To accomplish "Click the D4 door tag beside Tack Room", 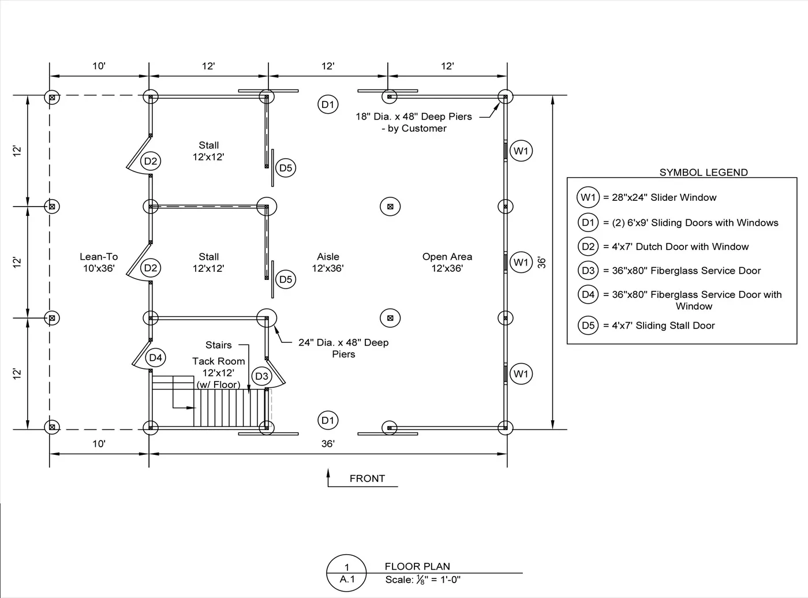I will tap(156, 357).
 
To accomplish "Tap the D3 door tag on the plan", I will tap(262, 376).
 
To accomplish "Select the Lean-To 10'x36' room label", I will tap(99, 262).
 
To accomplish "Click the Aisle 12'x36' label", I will tap(328, 262).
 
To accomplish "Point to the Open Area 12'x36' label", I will tap(447, 262).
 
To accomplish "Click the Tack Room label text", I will tap(218, 361).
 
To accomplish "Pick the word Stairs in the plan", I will tap(218, 345).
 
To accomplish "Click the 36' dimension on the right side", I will tap(541, 262).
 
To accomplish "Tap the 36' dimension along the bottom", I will tap(328, 444).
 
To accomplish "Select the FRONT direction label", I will tap(367, 479).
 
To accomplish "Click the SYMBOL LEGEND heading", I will tap(703, 172).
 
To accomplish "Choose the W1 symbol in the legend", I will tap(588, 197).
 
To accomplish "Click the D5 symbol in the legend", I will tap(588, 326).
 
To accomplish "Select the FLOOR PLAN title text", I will tap(417, 566).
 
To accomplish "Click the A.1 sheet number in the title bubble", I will tap(347, 580).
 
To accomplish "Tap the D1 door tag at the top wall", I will tap(328, 104).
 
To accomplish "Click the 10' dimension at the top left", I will tap(99, 66).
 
